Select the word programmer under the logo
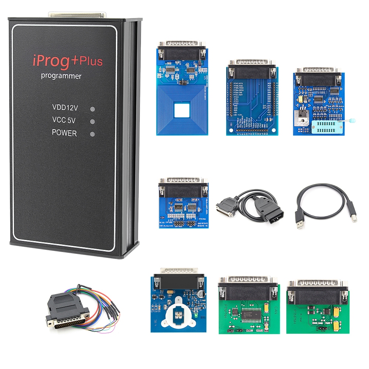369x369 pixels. tap(61, 76)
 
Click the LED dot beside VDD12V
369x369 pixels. tap(93, 109)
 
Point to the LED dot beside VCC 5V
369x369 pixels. tap(93, 121)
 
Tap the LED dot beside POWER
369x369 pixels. tap(93, 134)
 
